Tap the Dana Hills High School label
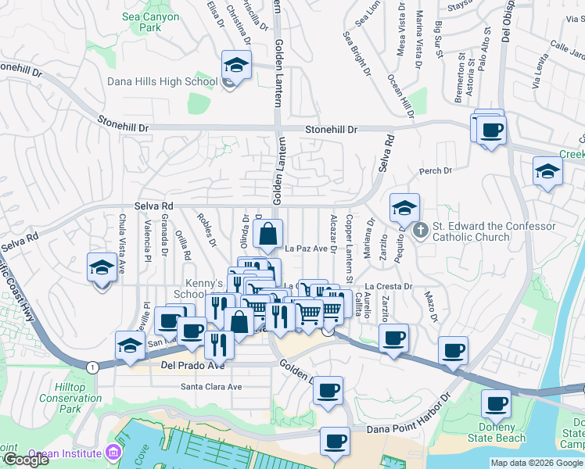[x=162, y=81]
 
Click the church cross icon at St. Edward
[x=420, y=230]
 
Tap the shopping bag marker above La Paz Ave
[x=267, y=234]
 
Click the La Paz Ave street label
[x=305, y=249]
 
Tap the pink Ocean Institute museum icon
[x=114, y=453]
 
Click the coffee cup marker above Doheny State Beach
[x=495, y=405]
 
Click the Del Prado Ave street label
[x=192, y=365]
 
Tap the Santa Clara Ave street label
[x=211, y=386]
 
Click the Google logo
[x=25, y=460]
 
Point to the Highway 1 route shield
[x=92, y=367]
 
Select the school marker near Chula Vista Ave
[x=101, y=268]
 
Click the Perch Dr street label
[x=436, y=170]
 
